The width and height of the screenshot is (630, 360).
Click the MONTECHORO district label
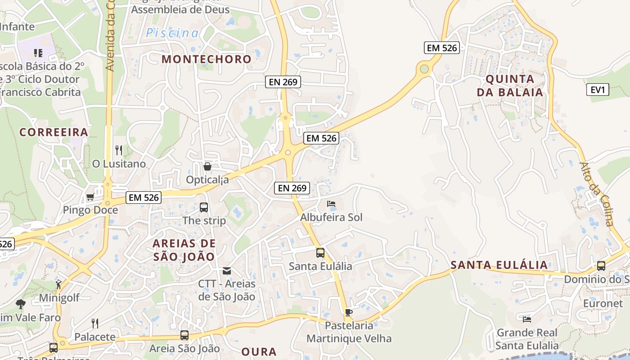point(207,59)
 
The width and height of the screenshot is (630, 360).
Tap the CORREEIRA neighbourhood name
point(54,132)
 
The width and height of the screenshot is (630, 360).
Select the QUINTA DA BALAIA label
point(510,85)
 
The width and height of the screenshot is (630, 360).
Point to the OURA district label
point(259,352)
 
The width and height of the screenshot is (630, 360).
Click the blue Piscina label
point(172,33)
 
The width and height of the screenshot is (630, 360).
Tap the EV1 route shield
point(598,90)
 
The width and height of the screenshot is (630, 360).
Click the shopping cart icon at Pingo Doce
point(90,197)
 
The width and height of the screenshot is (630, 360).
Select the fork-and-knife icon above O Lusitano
point(119,150)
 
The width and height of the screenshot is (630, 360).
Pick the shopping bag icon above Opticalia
point(207,167)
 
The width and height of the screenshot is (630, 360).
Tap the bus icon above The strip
point(204,207)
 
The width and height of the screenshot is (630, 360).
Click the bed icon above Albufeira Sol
point(331,204)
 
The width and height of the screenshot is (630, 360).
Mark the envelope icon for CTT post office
point(227,271)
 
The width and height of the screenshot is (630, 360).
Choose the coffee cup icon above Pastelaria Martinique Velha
point(348,312)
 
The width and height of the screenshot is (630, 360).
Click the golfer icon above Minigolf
point(58,284)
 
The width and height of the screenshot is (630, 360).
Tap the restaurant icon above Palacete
point(95,323)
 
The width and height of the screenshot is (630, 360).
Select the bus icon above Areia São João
point(184,335)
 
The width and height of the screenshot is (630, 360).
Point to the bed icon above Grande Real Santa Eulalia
point(527,319)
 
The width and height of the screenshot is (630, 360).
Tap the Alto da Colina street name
point(596,194)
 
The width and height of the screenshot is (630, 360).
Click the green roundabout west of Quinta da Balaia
point(423,69)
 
